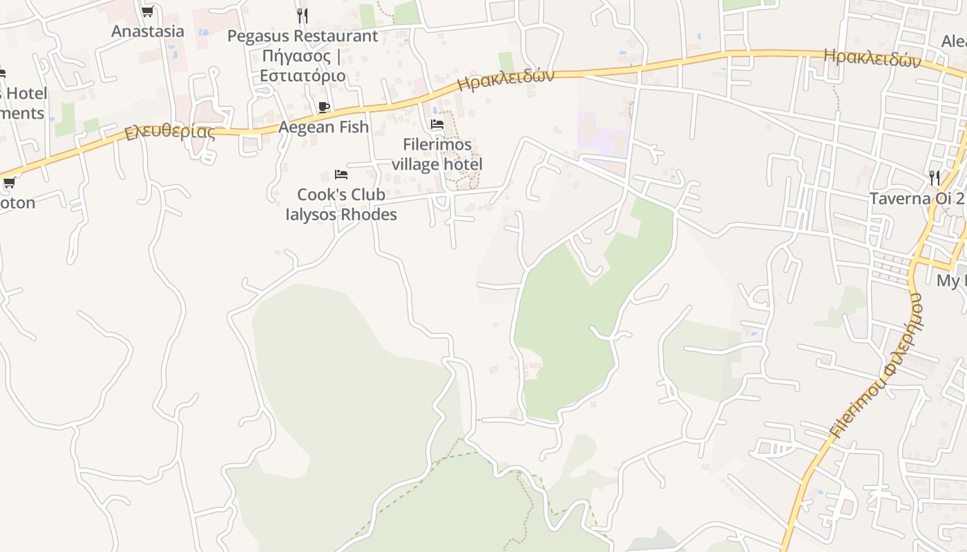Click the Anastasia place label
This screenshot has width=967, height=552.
pos(148,31)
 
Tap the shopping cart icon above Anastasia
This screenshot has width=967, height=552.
pos(147,12)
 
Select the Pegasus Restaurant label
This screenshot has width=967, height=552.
pos(303,36)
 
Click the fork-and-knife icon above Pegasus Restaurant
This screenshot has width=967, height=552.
pos(302,14)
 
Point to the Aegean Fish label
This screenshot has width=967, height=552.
pos(323,127)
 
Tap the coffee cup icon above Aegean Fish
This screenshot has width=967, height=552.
pos(323,107)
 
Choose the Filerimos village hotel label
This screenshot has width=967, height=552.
pos(437,155)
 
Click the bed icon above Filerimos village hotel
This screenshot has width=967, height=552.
pos(437,125)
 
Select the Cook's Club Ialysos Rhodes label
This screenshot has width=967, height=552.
pos(341,204)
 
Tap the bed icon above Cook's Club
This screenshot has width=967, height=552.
pos(341,175)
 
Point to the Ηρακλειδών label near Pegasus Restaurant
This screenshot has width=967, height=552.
pos(506,80)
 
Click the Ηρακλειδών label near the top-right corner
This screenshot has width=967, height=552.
pos(872,58)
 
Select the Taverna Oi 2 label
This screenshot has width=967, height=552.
pos(916,199)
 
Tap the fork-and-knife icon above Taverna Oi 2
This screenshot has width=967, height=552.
pos(935,178)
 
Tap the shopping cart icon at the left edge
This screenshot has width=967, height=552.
pos(9,183)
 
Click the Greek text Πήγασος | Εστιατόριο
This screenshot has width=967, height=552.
pos(303,65)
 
